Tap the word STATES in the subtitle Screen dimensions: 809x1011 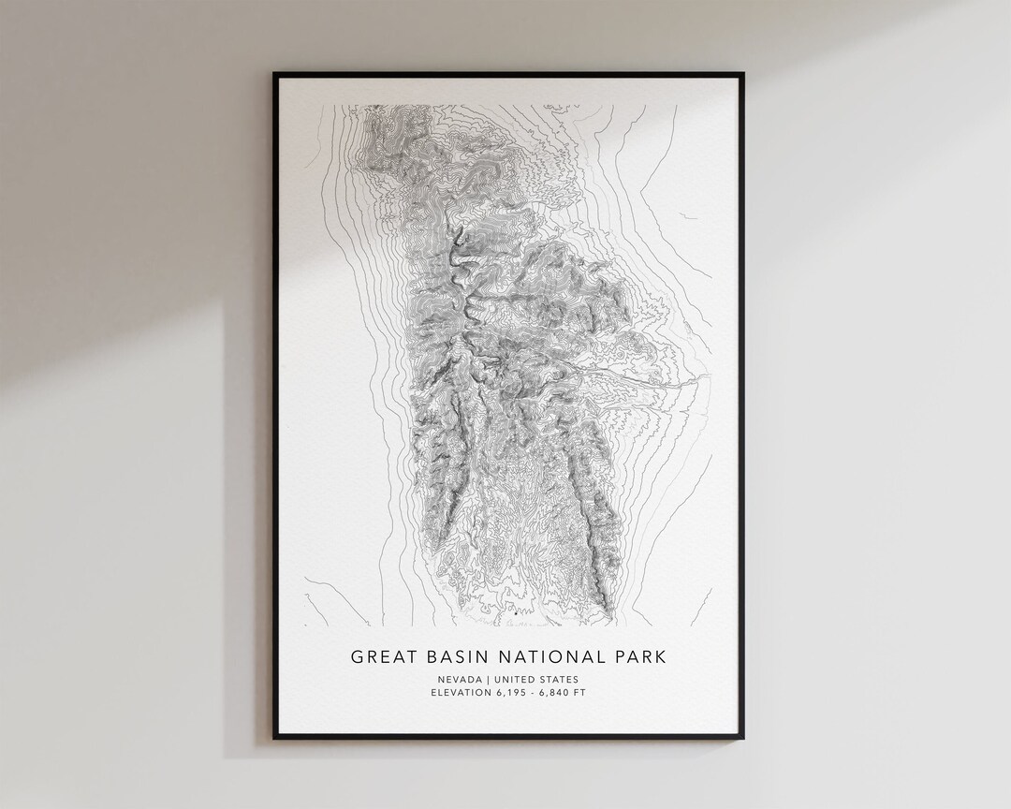[561, 679]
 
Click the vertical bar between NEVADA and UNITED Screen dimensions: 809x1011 [489, 679]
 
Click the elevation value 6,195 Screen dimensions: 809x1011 [516, 693]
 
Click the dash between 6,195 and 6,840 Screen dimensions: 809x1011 [540, 693]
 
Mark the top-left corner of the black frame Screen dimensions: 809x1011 [275, 73]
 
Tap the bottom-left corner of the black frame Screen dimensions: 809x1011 [275, 738]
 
